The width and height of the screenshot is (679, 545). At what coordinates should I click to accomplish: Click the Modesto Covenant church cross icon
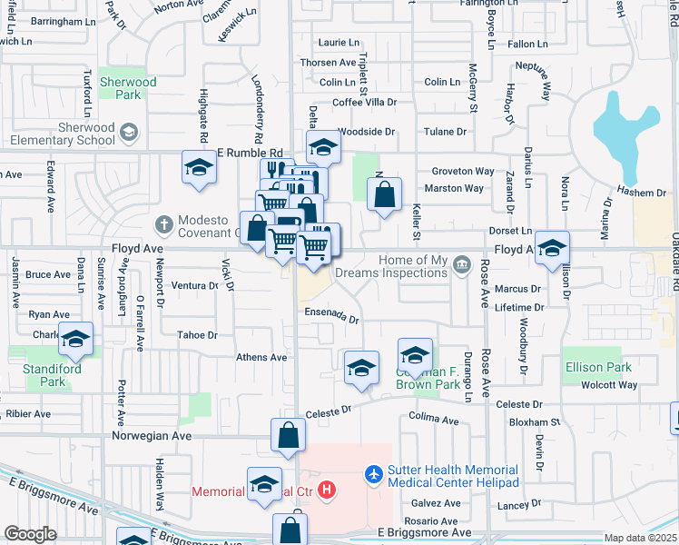point(163,223)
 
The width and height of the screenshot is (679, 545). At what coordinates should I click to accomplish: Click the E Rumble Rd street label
point(251,154)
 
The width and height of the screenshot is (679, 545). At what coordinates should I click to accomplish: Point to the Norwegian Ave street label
point(152,436)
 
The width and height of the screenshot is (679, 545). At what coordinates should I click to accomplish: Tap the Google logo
point(31,534)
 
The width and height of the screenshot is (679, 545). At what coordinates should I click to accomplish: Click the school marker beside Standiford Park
point(76,339)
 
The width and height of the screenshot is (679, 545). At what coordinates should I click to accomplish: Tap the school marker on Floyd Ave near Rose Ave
point(552,248)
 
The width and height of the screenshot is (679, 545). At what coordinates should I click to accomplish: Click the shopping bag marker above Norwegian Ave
point(288,435)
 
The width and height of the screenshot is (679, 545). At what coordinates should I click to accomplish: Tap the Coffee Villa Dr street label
point(364,103)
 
